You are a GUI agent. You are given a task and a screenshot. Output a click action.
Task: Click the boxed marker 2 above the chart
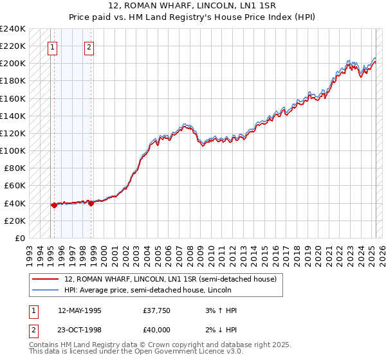pos(89,46)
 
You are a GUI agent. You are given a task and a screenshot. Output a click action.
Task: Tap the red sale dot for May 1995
pos(54,205)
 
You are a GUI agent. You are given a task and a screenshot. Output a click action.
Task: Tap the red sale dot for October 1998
pos(91,203)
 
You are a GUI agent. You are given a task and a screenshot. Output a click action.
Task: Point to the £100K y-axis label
pos(13,150)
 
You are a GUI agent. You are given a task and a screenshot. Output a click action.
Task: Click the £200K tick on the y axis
pos(13,64)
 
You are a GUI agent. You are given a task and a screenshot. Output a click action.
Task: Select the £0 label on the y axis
pos(19,238)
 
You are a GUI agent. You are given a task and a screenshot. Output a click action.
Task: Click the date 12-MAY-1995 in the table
pos(80,310)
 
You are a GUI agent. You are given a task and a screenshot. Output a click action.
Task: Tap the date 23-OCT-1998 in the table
pos(80,331)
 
